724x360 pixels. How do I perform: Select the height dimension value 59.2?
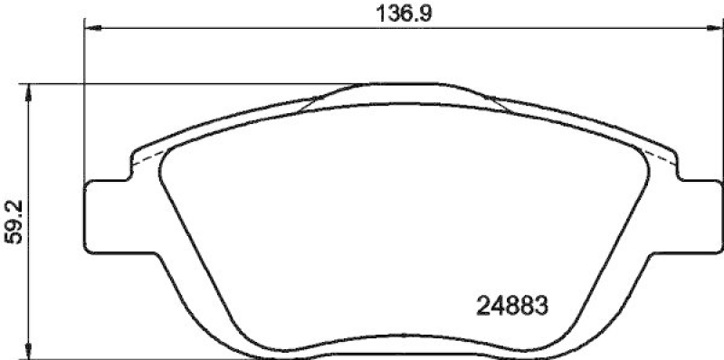[12, 223]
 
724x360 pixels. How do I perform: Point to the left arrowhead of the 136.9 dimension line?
[91, 29]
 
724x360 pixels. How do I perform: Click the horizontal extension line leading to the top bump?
[181, 85]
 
